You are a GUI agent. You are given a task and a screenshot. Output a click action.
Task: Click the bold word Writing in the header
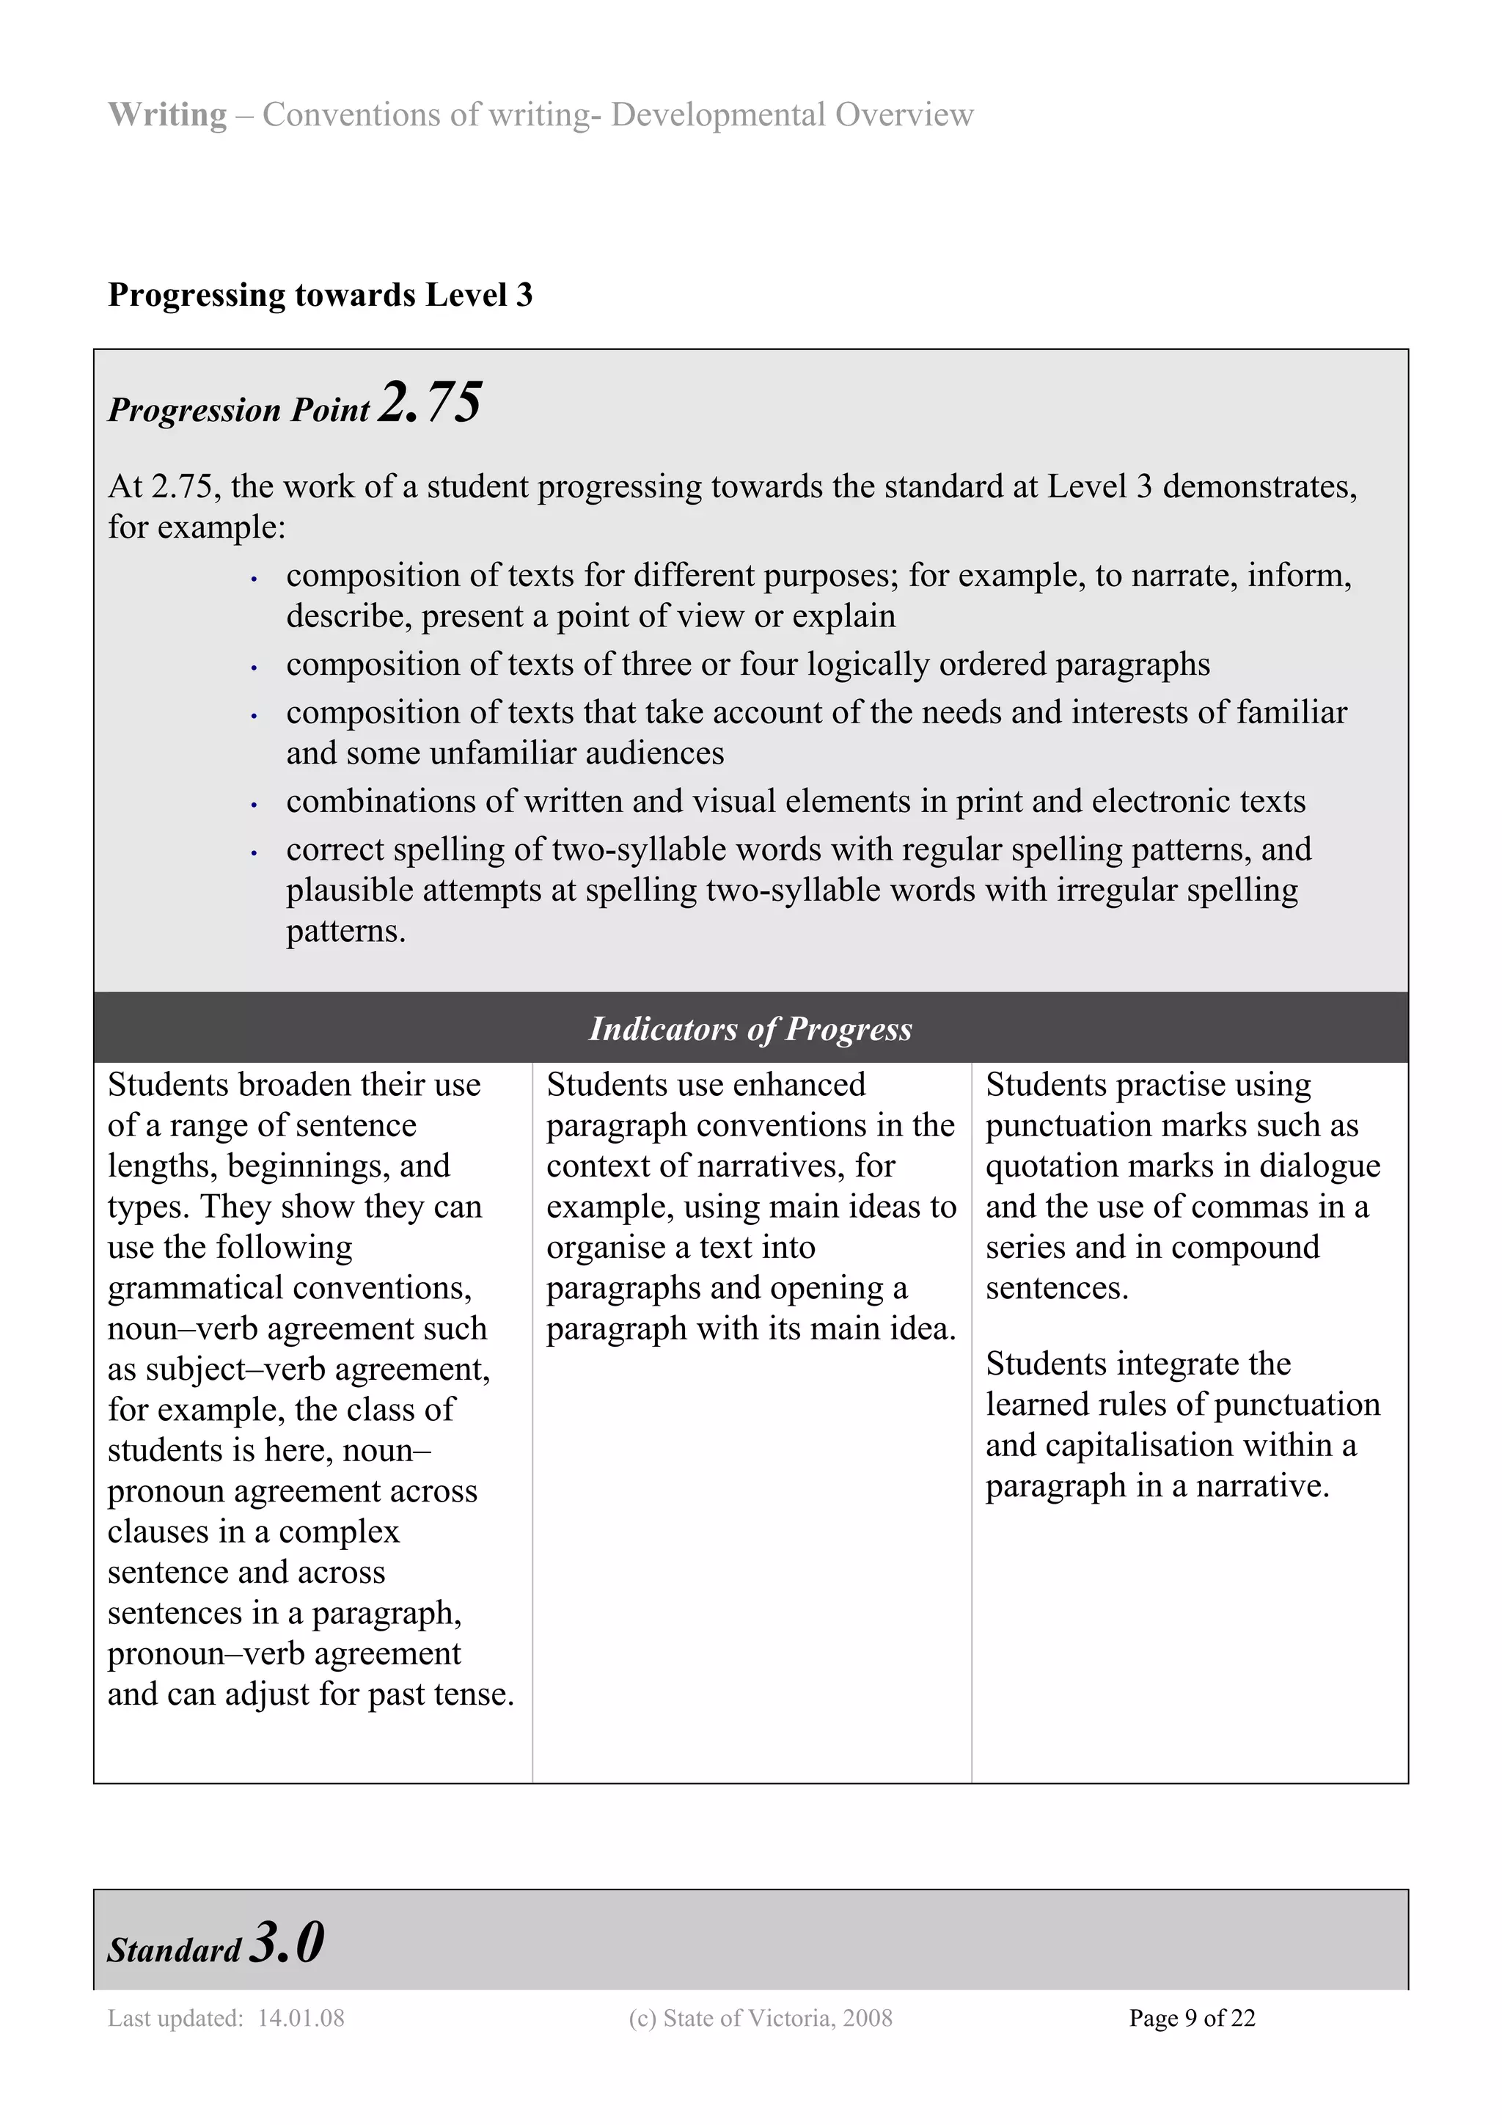166,114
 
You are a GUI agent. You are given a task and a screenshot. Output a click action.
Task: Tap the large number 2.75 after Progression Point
431,403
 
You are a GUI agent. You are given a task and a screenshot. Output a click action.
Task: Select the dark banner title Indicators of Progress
750,1028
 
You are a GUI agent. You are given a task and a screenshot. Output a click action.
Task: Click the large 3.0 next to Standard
287,1942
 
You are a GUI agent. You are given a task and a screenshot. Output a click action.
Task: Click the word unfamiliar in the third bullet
506,753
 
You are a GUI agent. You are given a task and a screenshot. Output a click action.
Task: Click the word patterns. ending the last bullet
346,931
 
